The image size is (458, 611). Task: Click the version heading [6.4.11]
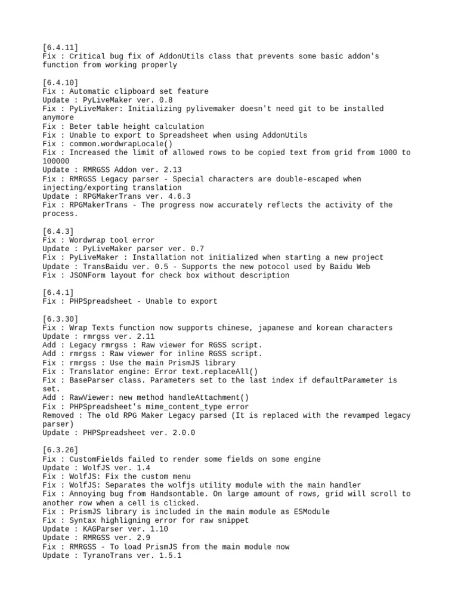point(60,47)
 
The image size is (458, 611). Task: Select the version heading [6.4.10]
point(60,82)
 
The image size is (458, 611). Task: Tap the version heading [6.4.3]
point(58,232)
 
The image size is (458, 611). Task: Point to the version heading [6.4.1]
point(58,292)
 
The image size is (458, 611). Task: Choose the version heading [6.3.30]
point(60,319)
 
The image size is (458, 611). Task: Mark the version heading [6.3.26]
point(60,450)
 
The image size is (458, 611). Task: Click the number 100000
point(56,161)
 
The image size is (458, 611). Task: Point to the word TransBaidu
point(104,266)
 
